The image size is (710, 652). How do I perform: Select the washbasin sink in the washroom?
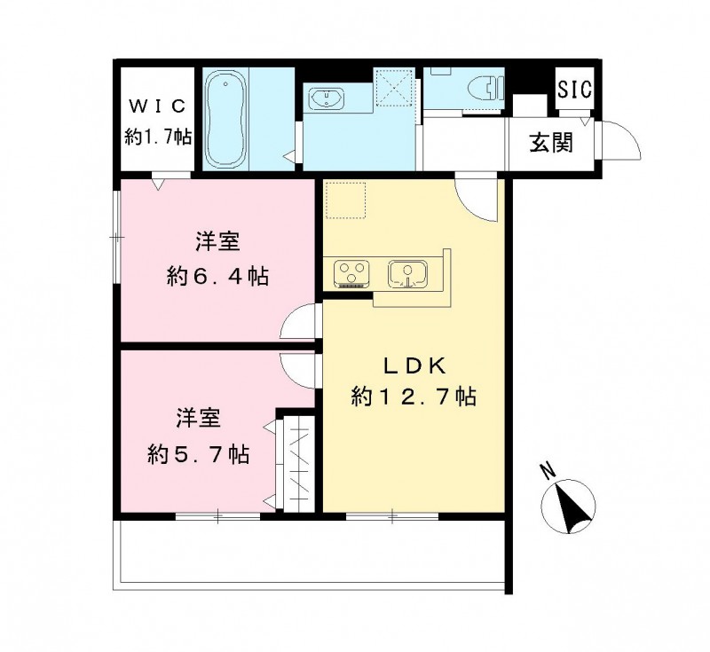pos(327,98)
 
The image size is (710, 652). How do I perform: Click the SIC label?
pos(575,90)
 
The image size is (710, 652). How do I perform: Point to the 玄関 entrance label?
pos(551,142)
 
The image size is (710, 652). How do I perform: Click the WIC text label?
pos(156,107)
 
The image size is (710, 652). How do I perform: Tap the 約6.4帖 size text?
pos(218,276)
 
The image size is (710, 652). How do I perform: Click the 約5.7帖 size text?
pos(198,455)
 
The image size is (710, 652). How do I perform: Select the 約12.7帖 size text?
pos(414,397)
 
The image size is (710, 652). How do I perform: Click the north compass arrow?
pos(568,507)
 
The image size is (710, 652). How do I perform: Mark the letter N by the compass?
pos(547,472)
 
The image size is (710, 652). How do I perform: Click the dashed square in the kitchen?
pos(345,200)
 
